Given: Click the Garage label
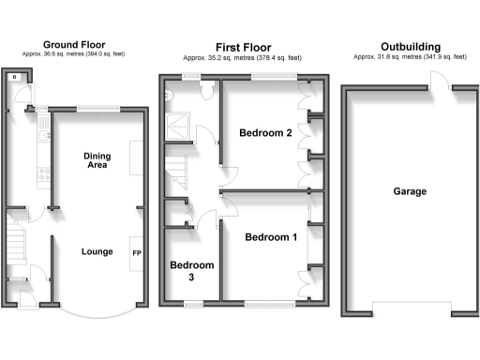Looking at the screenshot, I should pos(410,191).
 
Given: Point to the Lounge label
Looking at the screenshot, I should pos(97,251).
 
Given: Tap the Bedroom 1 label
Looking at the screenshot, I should pos(271,237).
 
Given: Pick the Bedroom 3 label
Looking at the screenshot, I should pos(191,272).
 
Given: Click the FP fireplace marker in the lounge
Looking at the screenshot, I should pos(136,253).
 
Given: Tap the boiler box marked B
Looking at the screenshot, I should pos(15,79).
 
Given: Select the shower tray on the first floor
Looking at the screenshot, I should pos(175,122).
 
